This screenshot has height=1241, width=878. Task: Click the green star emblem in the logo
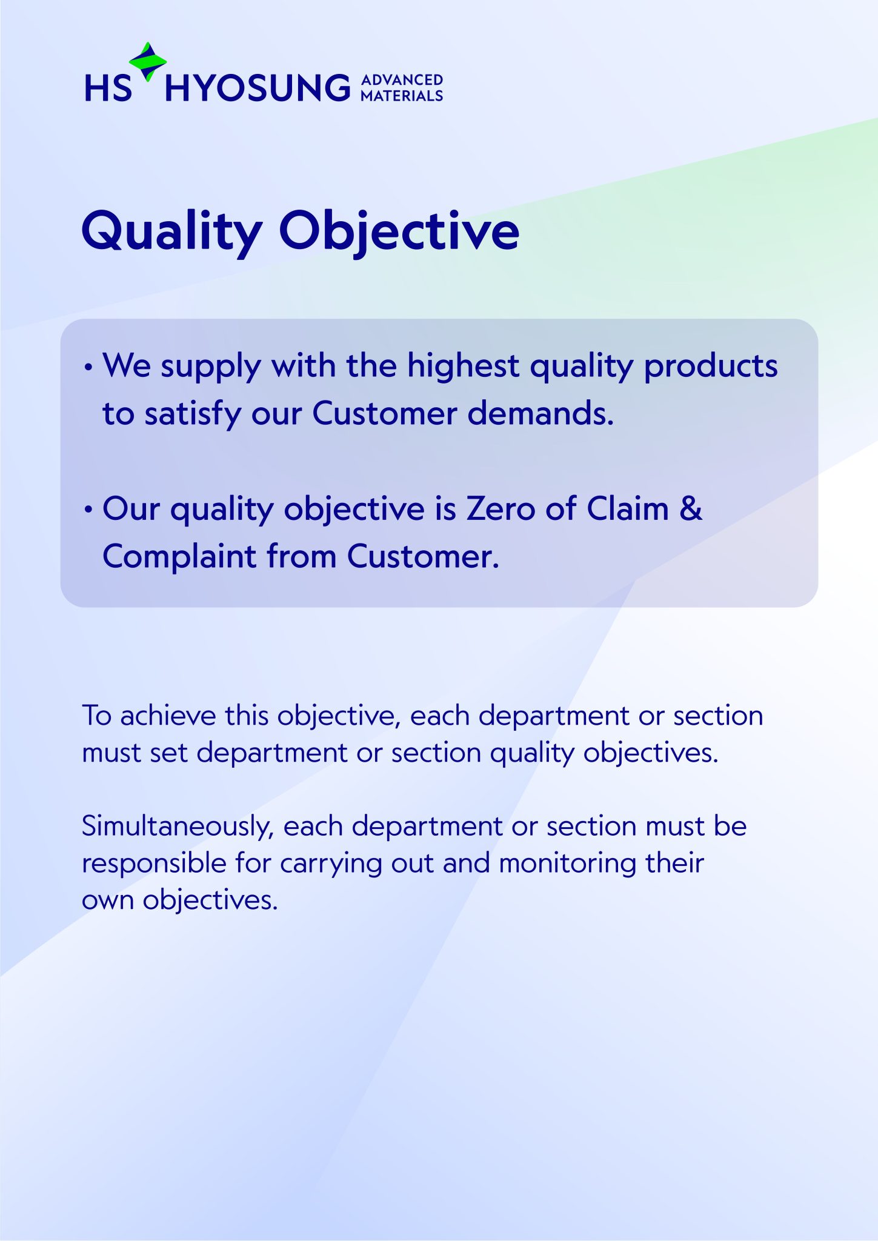pyautogui.click(x=148, y=61)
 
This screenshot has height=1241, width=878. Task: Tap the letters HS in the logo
pyautogui.click(x=108, y=88)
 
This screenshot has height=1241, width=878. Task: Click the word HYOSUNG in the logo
pyautogui.click(x=258, y=88)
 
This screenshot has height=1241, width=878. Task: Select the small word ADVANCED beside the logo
pyautogui.click(x=402, y=80)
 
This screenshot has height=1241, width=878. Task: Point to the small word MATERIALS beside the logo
pyautogui.click(x=402, y=96)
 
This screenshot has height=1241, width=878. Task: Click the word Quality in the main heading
pyautogui.click(x=172, y=232)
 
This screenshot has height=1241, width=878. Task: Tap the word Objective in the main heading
pyautogui.click(x=399, y=232)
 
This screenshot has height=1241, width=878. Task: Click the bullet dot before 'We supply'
pyautogui.click(x=89, y=368)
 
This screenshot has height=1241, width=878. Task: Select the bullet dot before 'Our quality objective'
pyautogui.click(x=89, y=510)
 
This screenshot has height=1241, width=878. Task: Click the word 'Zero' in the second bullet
pyautogui.click(x=501, y=508)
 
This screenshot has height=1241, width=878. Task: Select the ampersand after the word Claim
pyautogui.click(x=690, y=508)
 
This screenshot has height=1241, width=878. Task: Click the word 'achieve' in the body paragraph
pyautogui.click(x=168, y=716)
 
